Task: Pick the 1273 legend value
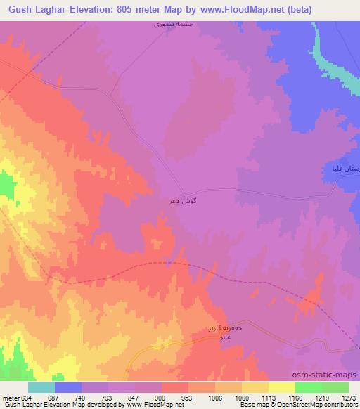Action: click(349, 397)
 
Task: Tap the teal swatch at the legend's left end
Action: click(41, 387)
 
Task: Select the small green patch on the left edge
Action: click(6, 186)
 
